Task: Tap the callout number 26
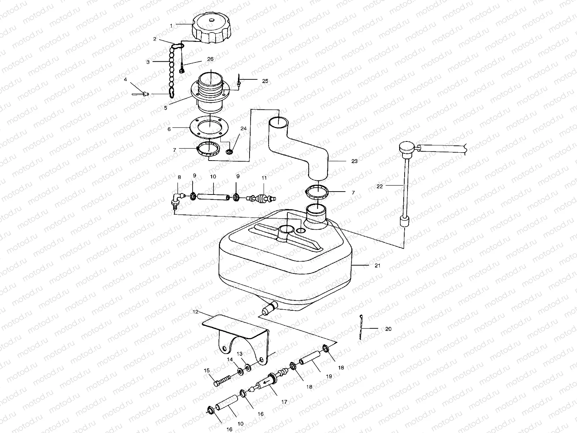210,59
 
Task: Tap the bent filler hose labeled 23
307,148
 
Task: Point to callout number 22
379,186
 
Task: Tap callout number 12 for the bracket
196,311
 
